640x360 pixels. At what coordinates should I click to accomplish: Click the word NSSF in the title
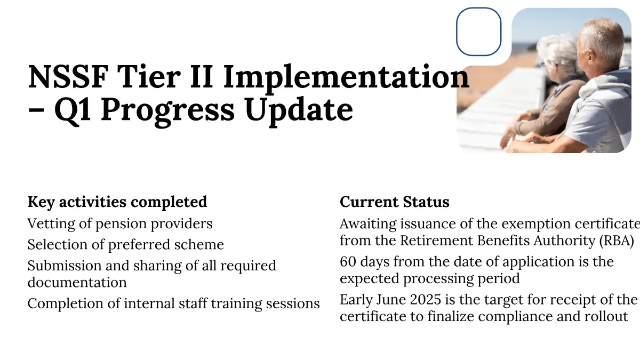pyautogui.click(x=69, y=77)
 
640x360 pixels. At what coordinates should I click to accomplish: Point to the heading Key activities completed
pyautogui.click(x=117, y=202)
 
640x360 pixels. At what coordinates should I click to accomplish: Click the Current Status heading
pyautogui.click(x=395, y=202)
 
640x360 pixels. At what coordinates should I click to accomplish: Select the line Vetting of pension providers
pyautogui.click(x=120, y=223)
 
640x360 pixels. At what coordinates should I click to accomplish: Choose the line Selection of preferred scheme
pyautogui.click(x=126, y=245)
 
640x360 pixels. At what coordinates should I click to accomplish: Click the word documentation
pyautogui.click(x=77, y=282)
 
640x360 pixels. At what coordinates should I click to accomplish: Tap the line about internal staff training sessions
pyautogui.click(x=174, y=303)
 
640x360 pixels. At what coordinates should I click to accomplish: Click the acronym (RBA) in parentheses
pyautogui.click(x=617, y=241)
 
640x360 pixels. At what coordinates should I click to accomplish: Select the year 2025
pyautogui.click(x=426, y=300)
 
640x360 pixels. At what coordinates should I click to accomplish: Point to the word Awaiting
pyautogui.click(x=368, y=224)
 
